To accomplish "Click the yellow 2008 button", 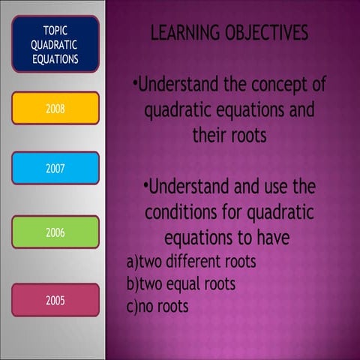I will [x=55, y=108].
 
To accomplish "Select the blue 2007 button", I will [x=55, y=168].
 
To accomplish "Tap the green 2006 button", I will [x=55, y=232].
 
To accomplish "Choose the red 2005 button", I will [x=55, y=300].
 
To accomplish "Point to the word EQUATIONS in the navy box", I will [x=55, y=59].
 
